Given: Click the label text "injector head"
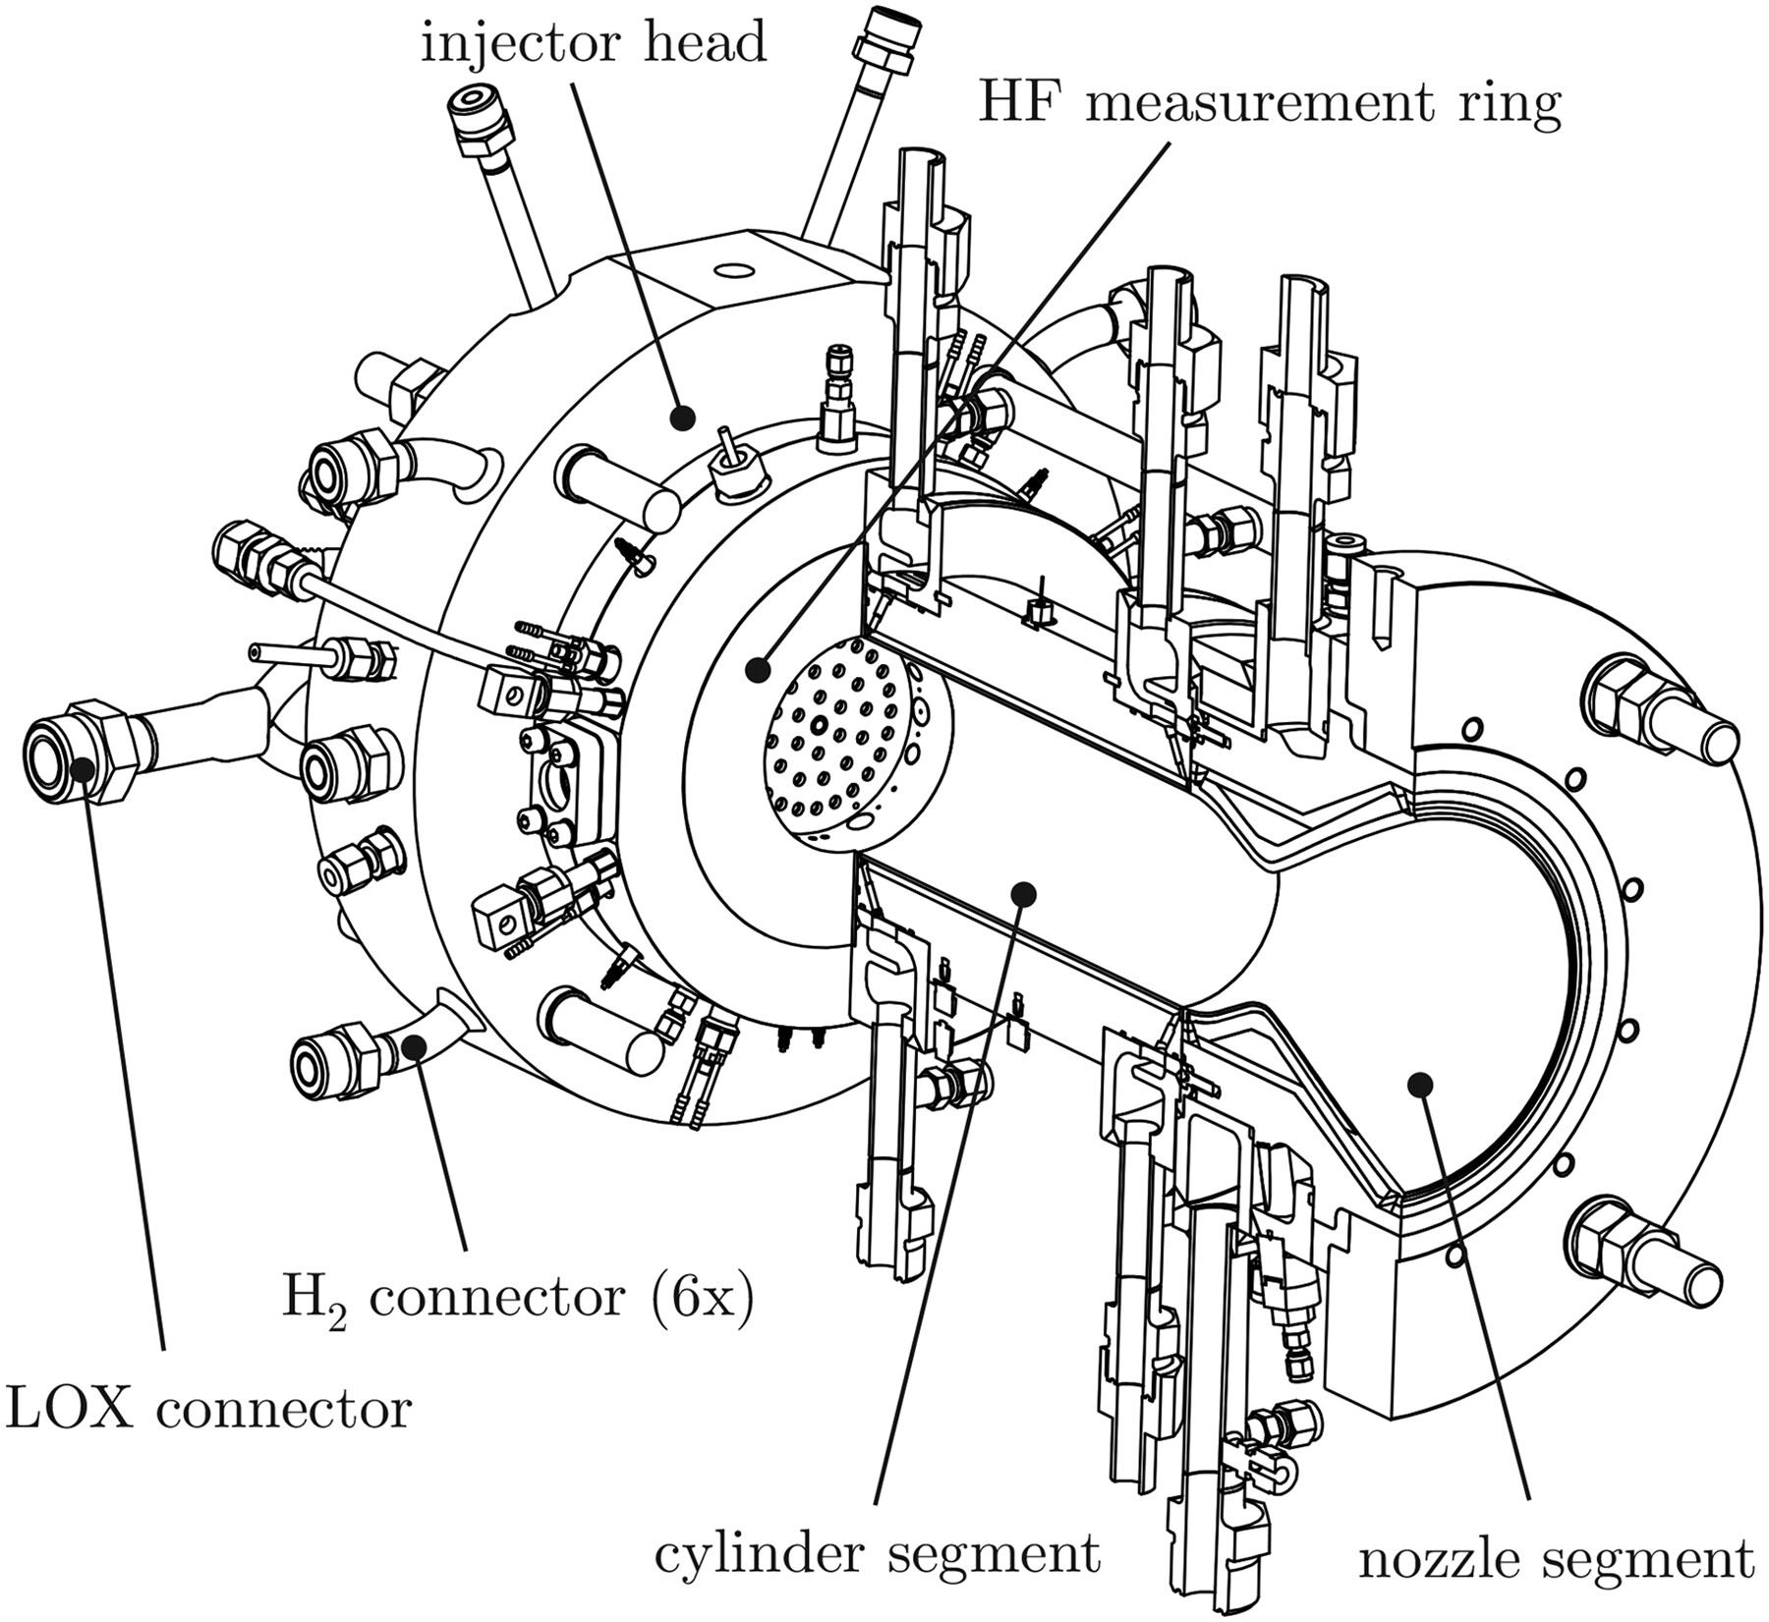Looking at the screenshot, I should click(594, 44).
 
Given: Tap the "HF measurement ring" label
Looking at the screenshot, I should click(1269, 104).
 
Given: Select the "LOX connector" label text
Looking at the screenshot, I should click(207, 1410).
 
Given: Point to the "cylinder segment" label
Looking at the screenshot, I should click(877, 1554).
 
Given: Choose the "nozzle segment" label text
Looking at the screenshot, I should click(1556, 1559).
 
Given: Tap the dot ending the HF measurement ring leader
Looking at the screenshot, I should click(757, 671).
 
